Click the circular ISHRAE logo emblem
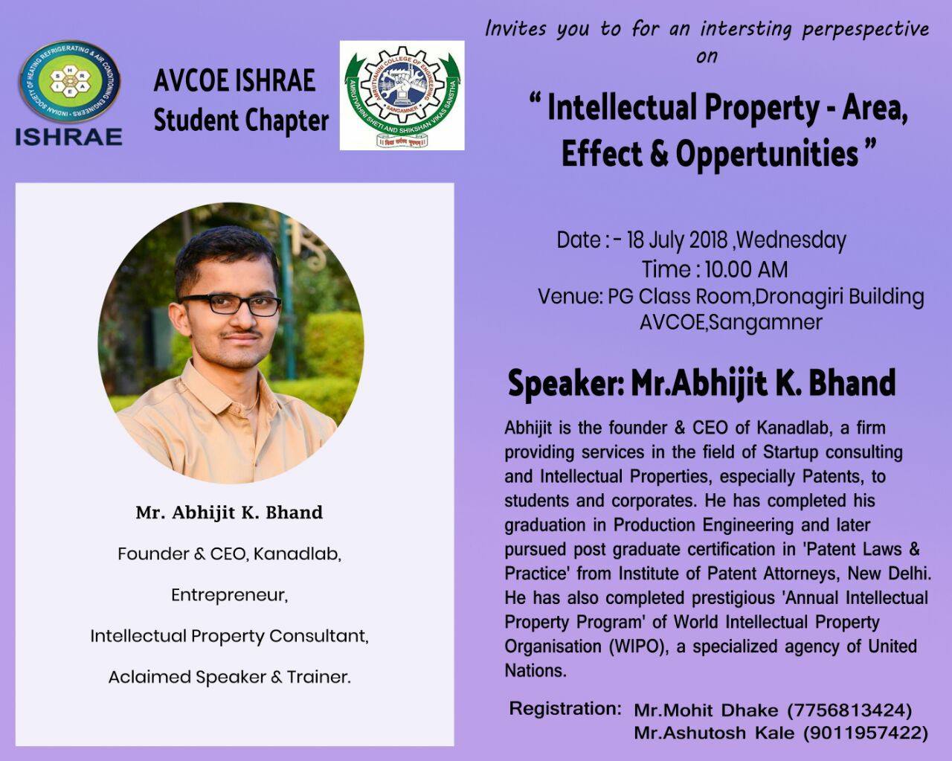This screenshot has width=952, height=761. tap(69, 83)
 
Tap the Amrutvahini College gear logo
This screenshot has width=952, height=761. tap(402, 94)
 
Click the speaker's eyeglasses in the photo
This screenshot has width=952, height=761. tap(231, 304)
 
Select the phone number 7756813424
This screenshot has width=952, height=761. tap(849, 710)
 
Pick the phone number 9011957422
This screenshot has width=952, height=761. tap(865, 733)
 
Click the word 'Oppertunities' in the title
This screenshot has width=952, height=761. tap(767, 154)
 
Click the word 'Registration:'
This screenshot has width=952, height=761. tap(565, 709)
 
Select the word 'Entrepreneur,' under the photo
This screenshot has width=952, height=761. tap(229, 595)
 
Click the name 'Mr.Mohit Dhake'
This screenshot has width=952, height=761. tap(705, 710)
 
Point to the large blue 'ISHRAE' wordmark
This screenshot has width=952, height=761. tap(68, 136)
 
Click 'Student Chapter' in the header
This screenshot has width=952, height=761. tap(241, 121)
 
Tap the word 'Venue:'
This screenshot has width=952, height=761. tap(570, 296)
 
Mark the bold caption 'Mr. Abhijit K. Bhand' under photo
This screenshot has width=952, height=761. tap(229, 513)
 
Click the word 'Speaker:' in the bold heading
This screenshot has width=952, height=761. tap(565, 384)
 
